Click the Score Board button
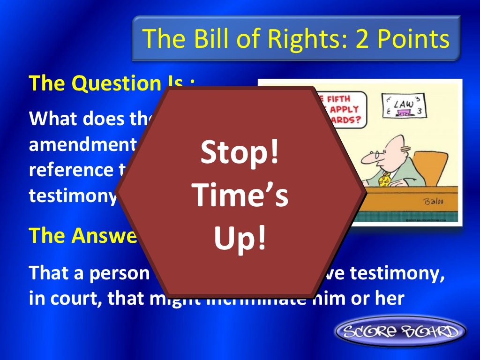pos(400,332)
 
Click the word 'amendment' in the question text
pos(80,144)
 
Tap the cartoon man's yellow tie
pos(385,178)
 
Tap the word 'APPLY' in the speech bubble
pos(346,109)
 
